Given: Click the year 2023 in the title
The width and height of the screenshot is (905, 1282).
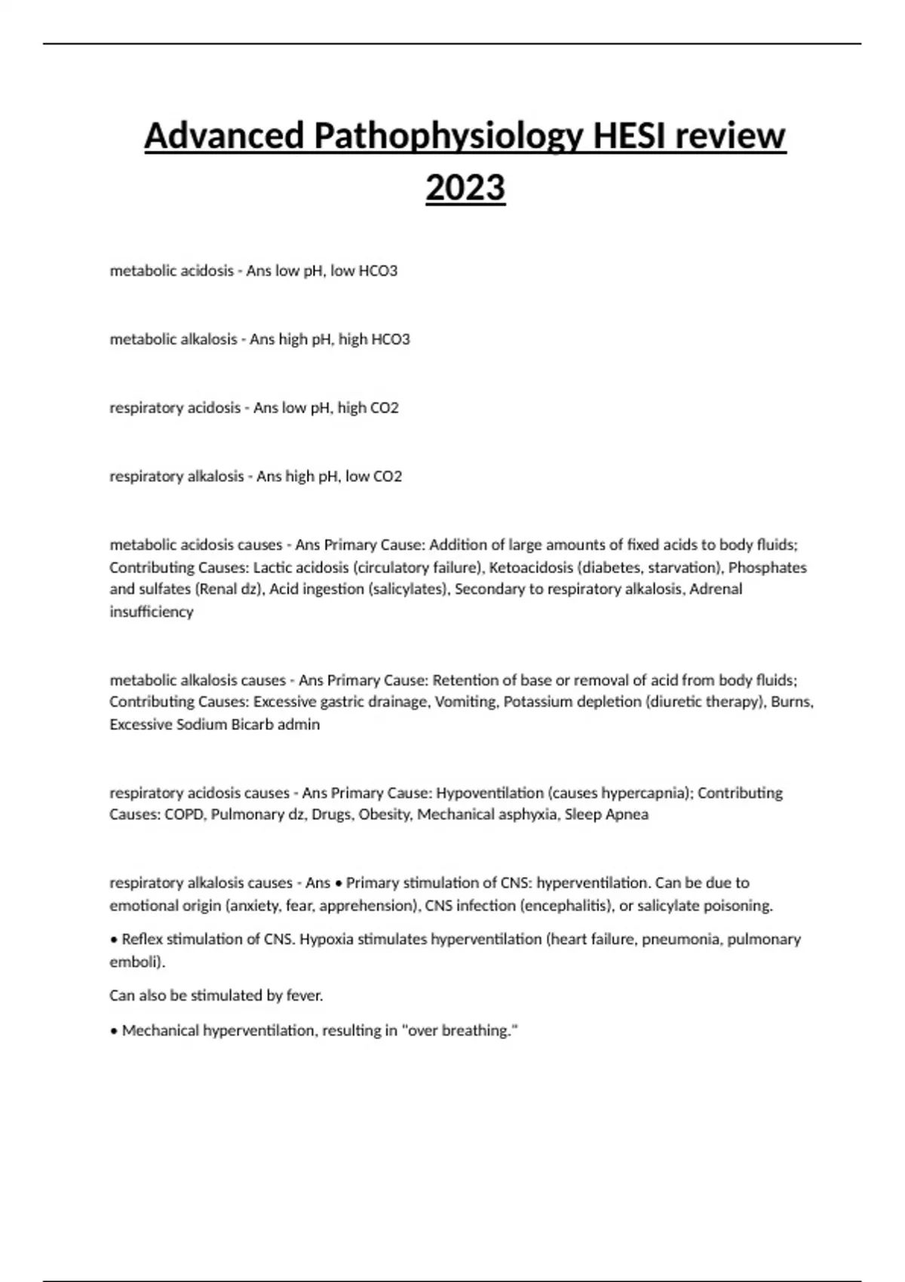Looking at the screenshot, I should [465, 188].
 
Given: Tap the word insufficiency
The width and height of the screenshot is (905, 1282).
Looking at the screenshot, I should [152, 612].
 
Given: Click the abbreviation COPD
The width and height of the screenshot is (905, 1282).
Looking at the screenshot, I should [184, 815].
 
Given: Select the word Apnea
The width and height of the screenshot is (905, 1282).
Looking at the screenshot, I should [627, 815].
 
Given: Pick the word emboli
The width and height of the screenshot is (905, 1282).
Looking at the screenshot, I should [134, 962].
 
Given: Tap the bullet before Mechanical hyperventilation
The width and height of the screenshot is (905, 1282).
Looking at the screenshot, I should [114, 1031].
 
